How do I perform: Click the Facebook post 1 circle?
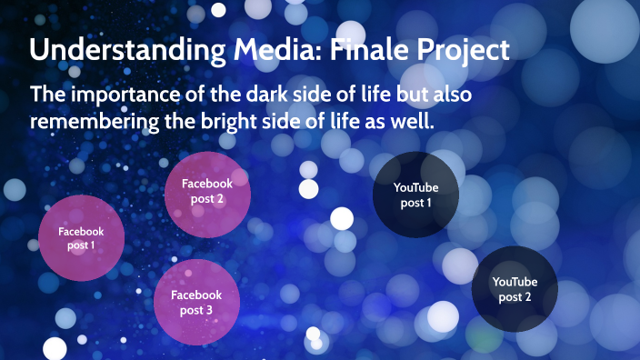click(81, 238)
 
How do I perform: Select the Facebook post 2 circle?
click(207, 195)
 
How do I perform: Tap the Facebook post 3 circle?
click(196, 303)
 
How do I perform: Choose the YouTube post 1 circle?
click(415, 195)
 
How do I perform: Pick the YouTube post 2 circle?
click(515, 289)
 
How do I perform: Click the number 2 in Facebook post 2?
click(220, 199)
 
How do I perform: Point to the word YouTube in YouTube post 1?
click(415, 187)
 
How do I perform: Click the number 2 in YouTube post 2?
click(528, 296)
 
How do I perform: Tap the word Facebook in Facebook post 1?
click(81, 232)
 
